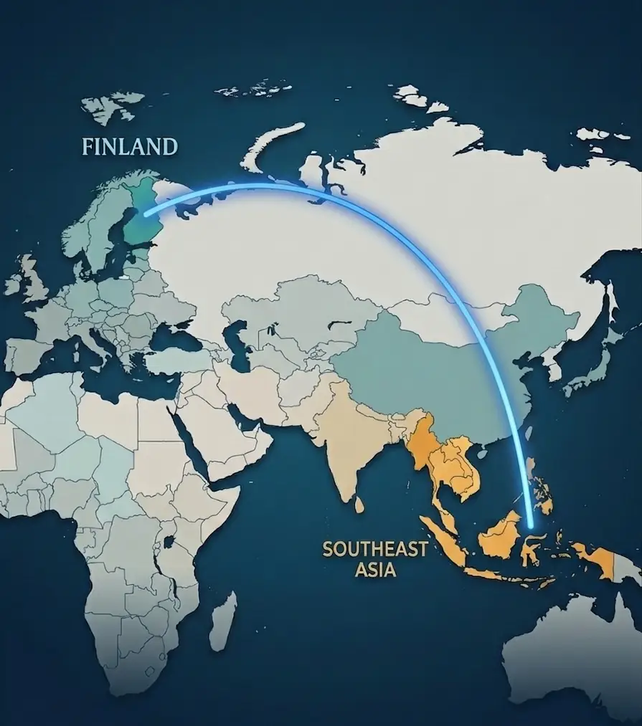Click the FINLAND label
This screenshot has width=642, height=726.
pyautogui.click(x=130, y=147)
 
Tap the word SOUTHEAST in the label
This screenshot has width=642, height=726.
pyautogui.click(x=375, y=550)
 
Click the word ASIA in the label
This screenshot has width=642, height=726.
pyautogui.click(x=375, y=571)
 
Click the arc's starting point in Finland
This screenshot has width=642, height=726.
pyautogui.click(x=145, y=213)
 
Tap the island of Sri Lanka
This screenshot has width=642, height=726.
pyautogui.click(x=359, y=505)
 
